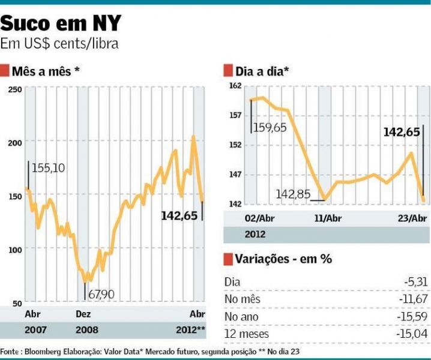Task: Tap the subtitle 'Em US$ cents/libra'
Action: point(59,44)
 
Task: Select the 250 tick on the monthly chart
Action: point(16,90)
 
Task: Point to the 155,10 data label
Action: point(48,169)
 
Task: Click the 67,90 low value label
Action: point(101,294)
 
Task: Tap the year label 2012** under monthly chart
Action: point(190,329)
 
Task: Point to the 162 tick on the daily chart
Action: point(235,86)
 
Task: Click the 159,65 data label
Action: point(271,128)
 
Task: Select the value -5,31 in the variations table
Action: point(417,282)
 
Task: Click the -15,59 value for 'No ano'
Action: point(414,316)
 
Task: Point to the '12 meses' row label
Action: point(246,334)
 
